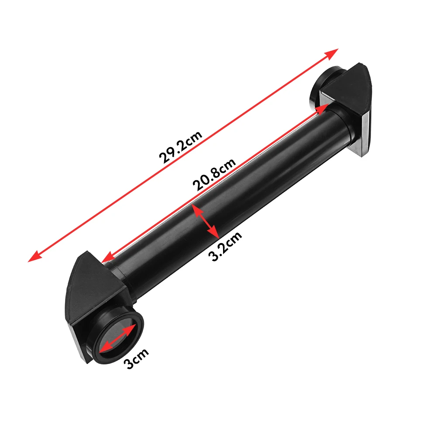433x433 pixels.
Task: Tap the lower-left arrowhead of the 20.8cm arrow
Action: point(107,259)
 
